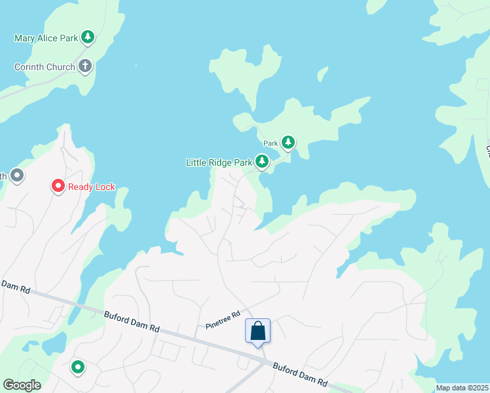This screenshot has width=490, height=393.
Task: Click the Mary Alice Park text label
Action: pos(46,38)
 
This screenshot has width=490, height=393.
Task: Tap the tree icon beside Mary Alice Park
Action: pos(87,37)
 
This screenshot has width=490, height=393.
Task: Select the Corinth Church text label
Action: pos(44,67)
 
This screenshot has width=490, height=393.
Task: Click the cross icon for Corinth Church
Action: pos(85,66)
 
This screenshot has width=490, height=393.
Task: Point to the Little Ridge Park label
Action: pos(219,162)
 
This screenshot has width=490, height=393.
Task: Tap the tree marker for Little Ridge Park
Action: pos(262,161)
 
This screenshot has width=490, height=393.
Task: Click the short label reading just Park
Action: pos(271,143)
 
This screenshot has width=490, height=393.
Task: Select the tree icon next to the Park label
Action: pos(288,142)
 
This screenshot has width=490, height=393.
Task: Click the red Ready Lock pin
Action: pos(58,187)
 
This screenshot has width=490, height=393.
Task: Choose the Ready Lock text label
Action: pos(92,187)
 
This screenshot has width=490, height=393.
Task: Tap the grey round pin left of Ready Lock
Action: pos(17,176)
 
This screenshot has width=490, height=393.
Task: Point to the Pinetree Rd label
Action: pos(223,319)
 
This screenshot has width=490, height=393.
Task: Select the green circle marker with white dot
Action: pos(78,367)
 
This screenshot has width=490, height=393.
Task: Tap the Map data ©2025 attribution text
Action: pos(462,388)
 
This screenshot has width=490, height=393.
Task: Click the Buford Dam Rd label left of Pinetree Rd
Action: pos(132,321)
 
